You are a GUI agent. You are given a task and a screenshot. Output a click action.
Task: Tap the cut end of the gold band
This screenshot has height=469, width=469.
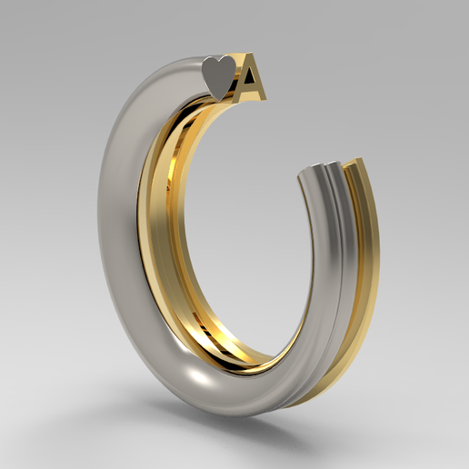click(356, 165)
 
